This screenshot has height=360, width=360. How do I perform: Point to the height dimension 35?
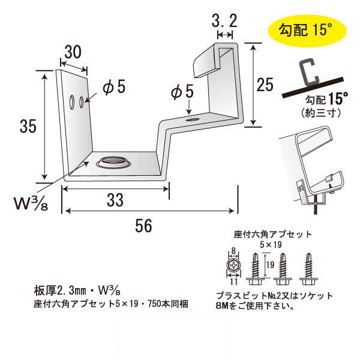tap(26, 127)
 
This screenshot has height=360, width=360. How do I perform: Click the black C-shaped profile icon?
tap(311, 72)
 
